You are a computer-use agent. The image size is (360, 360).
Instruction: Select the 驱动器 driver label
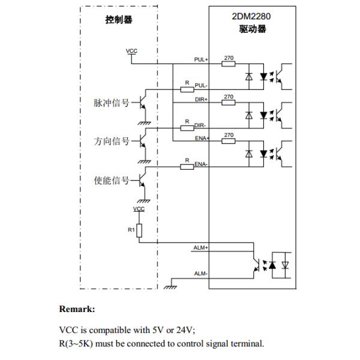(x=253, y=29)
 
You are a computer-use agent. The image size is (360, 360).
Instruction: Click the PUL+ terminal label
(x=200, y=59)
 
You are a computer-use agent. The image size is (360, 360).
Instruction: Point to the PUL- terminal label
(x=200, y=86)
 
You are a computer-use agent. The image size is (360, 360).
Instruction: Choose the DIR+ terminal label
(x=200, y=98)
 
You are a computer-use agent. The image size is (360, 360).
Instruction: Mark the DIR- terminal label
(x=200, y=125)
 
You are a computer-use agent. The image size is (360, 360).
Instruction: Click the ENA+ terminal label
(x=200, y=138)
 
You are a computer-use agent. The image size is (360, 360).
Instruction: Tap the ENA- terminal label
(x=200, y=164)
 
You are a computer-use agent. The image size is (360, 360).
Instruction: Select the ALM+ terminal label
(x=200, y=247)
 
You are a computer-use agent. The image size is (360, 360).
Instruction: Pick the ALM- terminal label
(x=200, y=274)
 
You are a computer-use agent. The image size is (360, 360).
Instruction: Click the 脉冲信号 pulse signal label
(x=112, y=103)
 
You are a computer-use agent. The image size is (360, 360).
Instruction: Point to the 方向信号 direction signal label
(x=112, y=141)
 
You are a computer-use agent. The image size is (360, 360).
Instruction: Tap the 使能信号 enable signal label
(x=112, y=181)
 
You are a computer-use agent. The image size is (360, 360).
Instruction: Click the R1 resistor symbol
(x=139, y=230)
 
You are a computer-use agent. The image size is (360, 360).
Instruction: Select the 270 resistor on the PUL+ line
(x=229, y=63)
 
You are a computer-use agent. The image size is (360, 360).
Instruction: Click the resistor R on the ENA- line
(x=187, y=166)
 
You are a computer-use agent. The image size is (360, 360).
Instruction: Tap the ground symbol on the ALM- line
(x=170, y=286)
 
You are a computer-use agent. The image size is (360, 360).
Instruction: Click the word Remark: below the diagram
(x=77, y=310)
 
